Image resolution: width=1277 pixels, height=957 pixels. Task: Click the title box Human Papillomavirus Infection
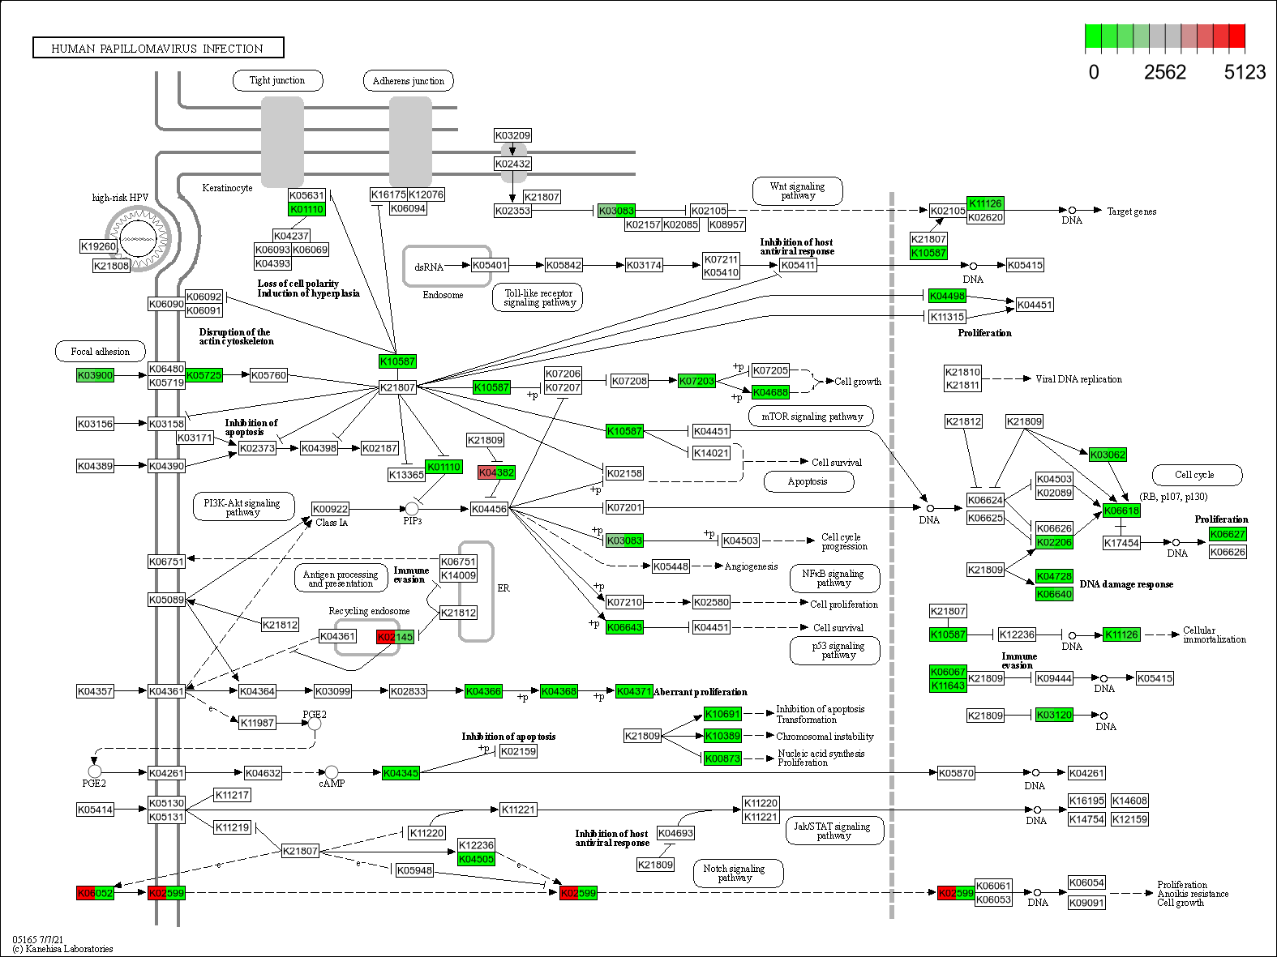pyautogui.click(x=158, y=48)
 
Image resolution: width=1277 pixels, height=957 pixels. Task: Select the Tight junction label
pyautogui.click(x=277, y=80)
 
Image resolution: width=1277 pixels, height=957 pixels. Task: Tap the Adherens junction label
pyautogui.click(x=408, y=81)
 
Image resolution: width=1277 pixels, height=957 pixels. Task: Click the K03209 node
pyautogui.click(x=512, y=135)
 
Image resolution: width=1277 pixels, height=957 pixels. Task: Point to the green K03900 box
pyautogui.click(x=95, y=375)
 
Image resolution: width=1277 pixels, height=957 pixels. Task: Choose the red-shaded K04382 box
pyautogui.click(x=496, y=472)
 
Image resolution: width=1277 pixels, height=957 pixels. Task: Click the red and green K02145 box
pyautogui.click(x=396, y=637)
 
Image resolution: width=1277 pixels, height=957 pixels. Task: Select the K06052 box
pyautogui.click(x=95, y=893)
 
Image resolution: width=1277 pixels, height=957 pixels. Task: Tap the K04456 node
pyautogui.click(x=489, y=509)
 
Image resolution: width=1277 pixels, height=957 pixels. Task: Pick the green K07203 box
pyautogui.click(x=696, y=381)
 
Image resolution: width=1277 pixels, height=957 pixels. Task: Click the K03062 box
pyautogui.click(x=1108, y=455)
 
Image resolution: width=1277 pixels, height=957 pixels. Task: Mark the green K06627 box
pyautogui.click(x=1228, y=534)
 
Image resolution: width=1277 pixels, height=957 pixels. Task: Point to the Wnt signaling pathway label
pyautogui.click(x=797, y=191)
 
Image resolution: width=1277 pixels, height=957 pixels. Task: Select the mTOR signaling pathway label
pyautogui.click(x=811, y=417)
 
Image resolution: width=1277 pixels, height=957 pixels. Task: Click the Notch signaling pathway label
pyautogui.click(x=734, y=873)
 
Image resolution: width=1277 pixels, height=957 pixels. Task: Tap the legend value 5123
pyautogui.click(x=1245, y=72)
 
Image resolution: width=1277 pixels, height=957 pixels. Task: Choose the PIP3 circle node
pyautogui.click(x=412, y=508)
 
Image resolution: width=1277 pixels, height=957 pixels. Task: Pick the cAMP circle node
pyautogui.click(x=332, y=772)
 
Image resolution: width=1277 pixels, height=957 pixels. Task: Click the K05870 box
pyautogui.click(x=956, y=773)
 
